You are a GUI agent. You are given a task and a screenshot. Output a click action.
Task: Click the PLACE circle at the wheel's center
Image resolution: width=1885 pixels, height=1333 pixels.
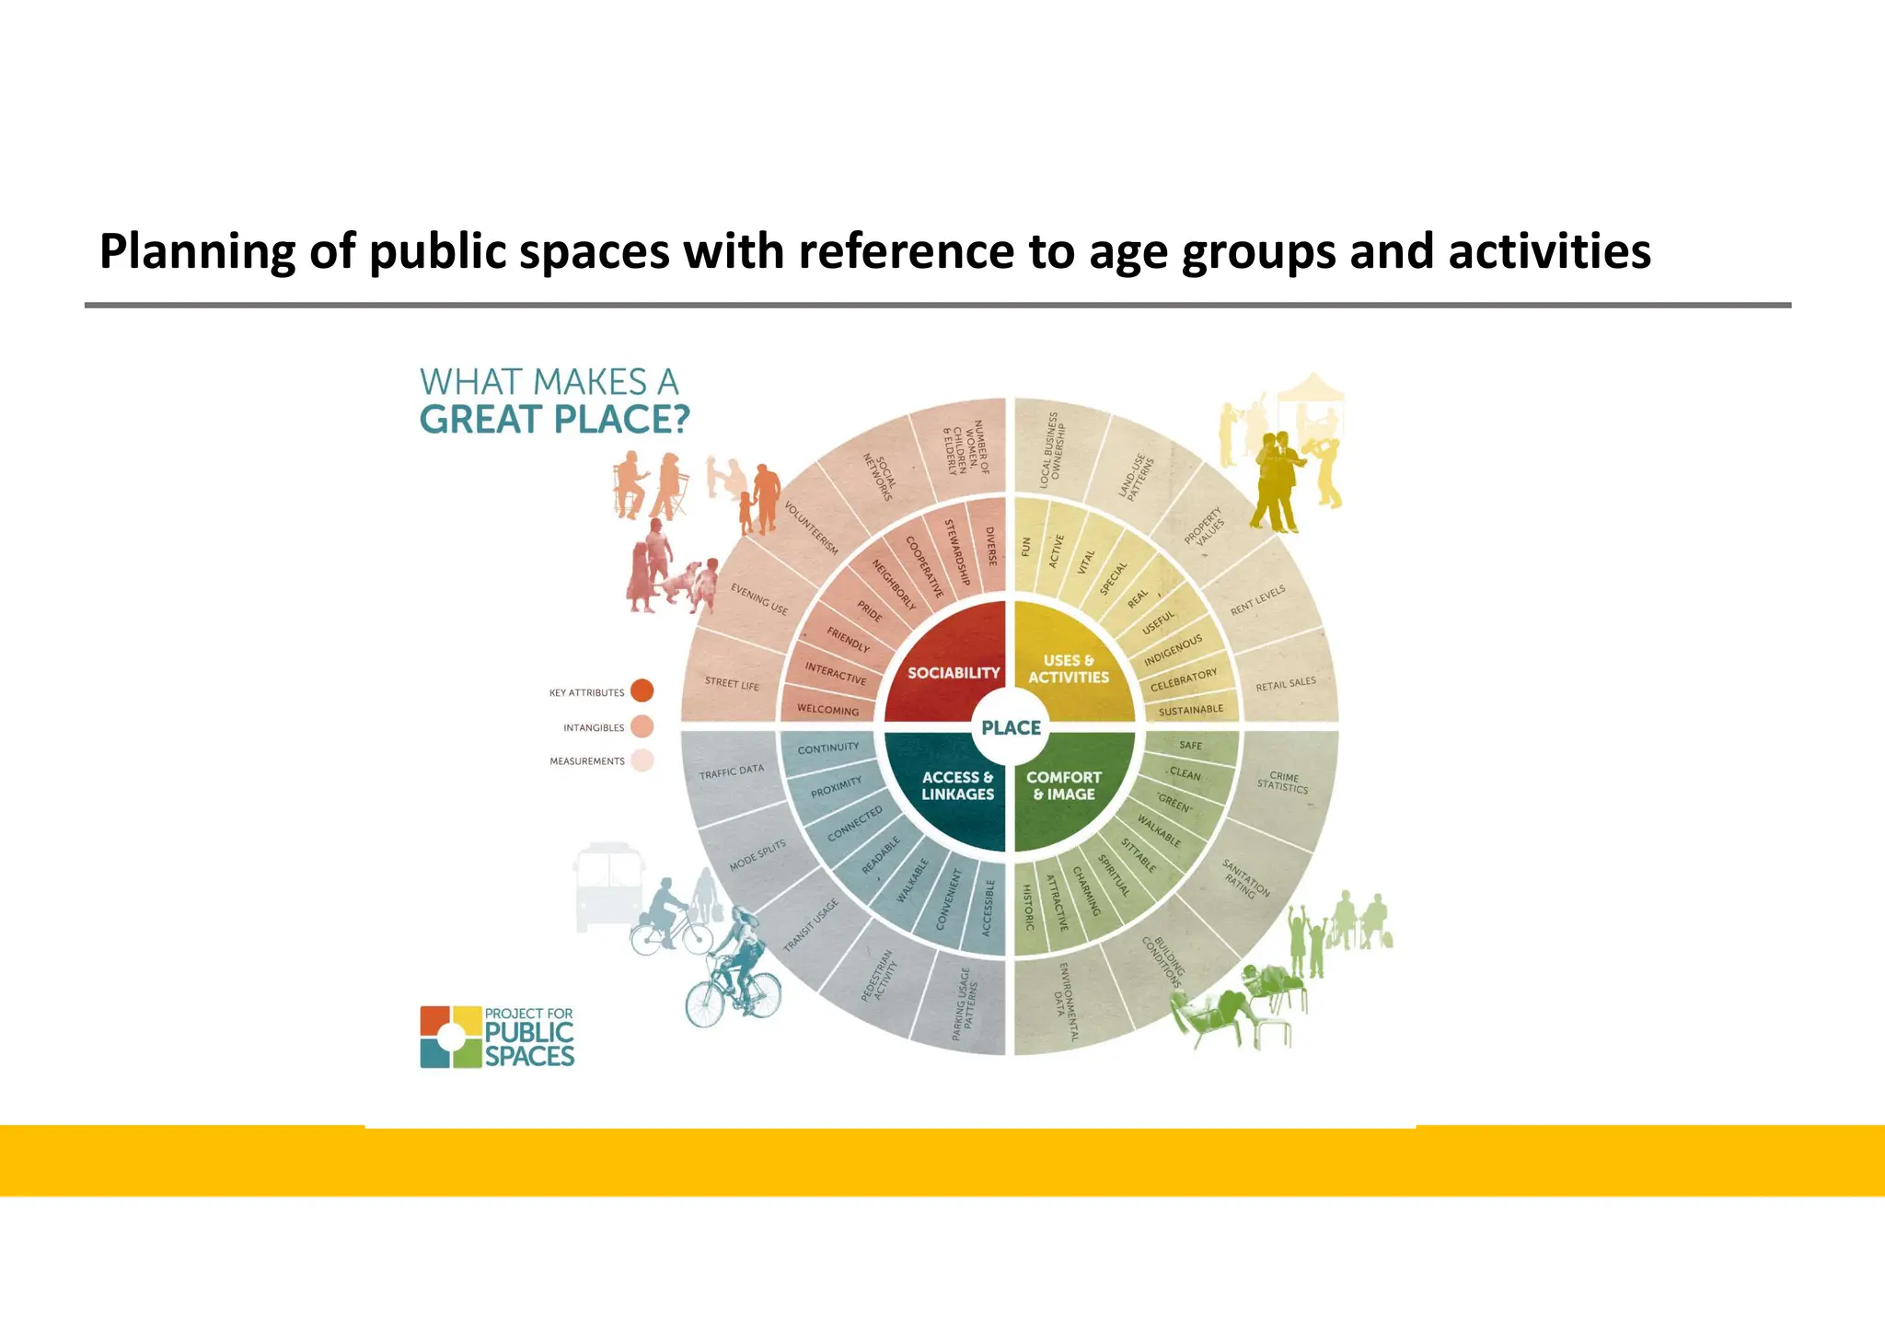point(1011,727)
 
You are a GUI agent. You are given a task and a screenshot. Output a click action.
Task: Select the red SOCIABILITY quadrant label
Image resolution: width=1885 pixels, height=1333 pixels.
point(954,673)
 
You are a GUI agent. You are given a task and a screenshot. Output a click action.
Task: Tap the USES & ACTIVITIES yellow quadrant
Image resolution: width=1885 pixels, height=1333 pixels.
point(1069,669)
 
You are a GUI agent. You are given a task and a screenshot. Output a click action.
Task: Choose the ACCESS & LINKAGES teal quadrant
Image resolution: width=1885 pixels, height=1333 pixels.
point(958,785)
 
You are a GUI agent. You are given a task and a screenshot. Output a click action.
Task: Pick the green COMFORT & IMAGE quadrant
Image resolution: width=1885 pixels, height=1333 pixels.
point(1064,785)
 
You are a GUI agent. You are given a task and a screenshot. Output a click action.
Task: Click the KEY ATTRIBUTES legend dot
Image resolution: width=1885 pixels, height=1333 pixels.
point(642,690)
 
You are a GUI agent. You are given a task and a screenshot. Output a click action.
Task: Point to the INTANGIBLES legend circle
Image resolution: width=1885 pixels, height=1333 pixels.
point(642,726)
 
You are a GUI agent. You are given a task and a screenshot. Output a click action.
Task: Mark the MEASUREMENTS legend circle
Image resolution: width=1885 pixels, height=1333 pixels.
point(642,760)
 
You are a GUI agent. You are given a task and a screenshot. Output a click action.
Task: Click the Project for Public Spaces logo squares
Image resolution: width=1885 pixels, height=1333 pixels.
point(450,1037)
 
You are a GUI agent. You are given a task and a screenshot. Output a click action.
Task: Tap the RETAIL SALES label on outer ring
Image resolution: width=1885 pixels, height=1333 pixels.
point(1286,684)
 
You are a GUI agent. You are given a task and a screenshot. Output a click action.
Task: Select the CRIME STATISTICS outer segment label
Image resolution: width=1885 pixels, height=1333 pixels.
point(1283,782)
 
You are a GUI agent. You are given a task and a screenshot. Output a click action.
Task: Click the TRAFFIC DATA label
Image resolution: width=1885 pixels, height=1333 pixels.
point(731,771)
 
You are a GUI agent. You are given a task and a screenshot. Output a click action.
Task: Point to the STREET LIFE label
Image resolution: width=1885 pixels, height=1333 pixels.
point(732,683)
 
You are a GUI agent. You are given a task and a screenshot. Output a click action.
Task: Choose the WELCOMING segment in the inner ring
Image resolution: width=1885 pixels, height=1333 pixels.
point(827,710)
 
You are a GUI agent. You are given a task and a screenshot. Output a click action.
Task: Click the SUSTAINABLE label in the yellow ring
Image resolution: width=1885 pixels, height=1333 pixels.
point(1191,710)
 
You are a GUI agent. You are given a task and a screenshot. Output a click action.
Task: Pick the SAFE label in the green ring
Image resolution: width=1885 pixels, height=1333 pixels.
point(1190,745)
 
